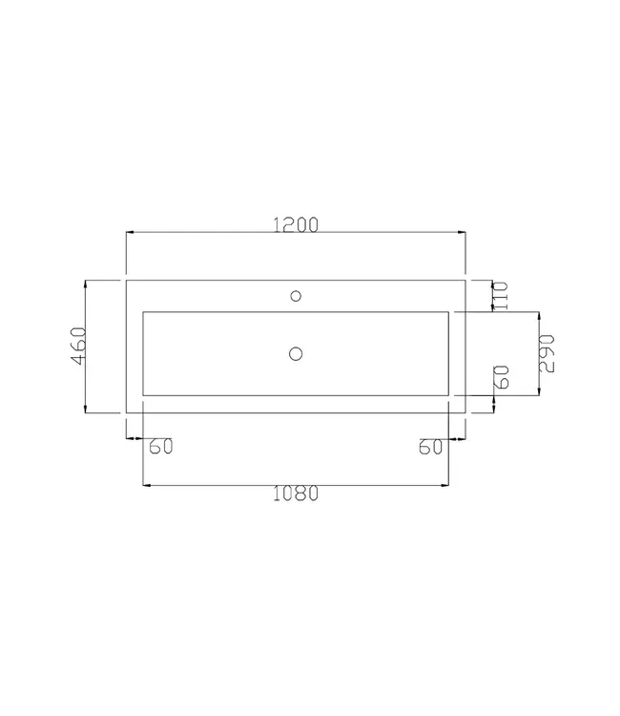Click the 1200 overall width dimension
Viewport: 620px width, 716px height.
point(296,224)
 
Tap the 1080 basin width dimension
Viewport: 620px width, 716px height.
point(295,495)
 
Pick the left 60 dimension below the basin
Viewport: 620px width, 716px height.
point(159,446)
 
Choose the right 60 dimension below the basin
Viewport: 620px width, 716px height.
point(432,446)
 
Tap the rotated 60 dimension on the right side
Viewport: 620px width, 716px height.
point(503,376)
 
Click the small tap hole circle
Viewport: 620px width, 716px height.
point(296,294)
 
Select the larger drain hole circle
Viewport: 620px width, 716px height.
point(296,354)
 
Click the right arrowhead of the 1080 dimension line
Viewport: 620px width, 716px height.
point(445,485)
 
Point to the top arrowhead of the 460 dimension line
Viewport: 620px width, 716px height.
point(87,284)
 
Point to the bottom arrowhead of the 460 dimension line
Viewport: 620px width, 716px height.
point(87,409)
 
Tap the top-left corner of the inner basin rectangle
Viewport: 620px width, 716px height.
point(143,311)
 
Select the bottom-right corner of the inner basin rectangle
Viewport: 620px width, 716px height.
point(448,395)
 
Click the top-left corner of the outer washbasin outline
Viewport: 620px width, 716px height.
point(127,280)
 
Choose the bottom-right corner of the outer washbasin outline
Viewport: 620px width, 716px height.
point(465,412)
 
